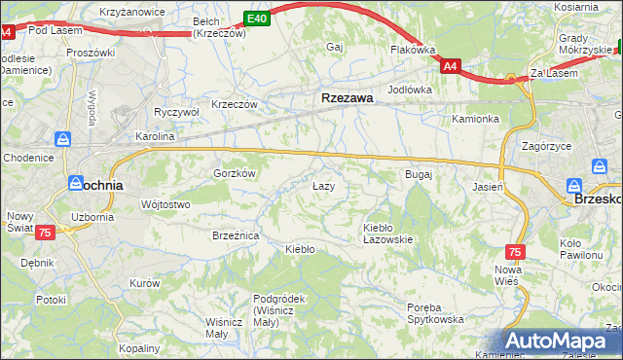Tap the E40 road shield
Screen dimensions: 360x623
256,18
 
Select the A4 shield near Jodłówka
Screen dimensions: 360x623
449,66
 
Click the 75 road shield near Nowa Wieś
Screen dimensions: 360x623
515,251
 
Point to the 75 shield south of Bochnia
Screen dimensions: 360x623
44,233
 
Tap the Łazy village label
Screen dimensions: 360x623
323,186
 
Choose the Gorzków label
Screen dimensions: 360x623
234,173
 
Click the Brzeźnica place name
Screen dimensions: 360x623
235,235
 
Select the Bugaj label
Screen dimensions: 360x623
418,174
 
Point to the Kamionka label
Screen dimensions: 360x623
475,120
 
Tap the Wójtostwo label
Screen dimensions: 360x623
165,204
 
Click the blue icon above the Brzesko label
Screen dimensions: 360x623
574,186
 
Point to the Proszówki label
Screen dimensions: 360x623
91,53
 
